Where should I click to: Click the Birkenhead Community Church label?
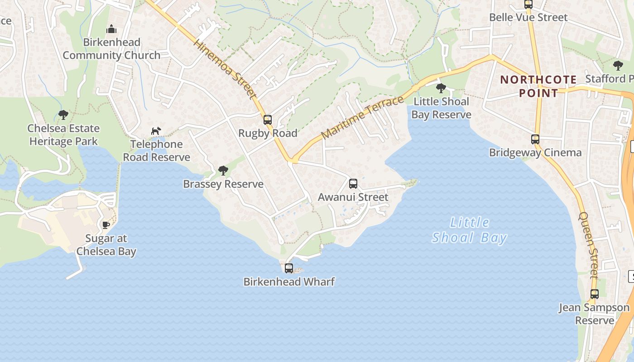click(x=111, y=49)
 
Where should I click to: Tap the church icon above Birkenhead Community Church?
click(x=111, y=30)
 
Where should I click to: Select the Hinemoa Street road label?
click(x=225, y=69)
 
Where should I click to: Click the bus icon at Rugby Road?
click(x=268, y=120)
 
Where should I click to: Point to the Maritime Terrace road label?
click(x=362, y=118)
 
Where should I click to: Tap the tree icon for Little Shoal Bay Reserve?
click(x=441, y=88)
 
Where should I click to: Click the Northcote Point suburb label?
click(x=538, y=86)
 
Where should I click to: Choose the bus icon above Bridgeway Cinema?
click(x=535, y=139)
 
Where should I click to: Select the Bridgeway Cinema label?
click(x=535, y=152)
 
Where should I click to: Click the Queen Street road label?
click(x=589, y=244)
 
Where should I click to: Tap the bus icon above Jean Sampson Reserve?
click(x=595, y=294)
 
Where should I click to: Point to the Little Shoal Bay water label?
click(x=470, y=230)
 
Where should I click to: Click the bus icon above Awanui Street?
click(x=353, y=184)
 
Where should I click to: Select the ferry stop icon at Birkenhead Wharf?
click(x=289, y=268)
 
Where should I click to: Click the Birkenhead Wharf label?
click(x=289, y=282)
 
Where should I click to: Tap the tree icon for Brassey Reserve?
click(x=223, y=171)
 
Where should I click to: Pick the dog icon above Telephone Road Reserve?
click(x=156, y=131)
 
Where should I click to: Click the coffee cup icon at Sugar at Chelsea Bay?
click(x=106, y=225)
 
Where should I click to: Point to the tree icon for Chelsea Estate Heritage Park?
click(x=63, y=115)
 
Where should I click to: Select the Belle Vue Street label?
click(x=528, y=18)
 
